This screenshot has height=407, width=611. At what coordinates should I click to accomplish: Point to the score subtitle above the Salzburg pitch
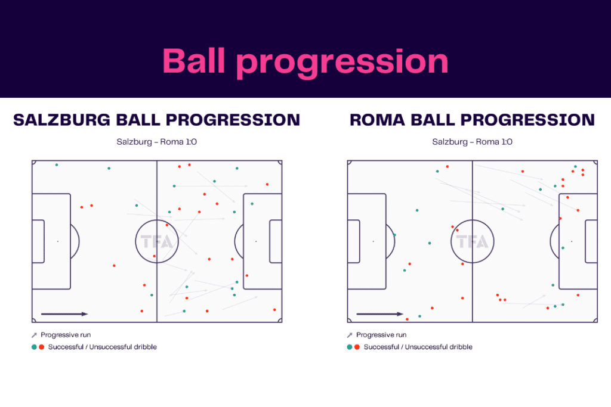pyautogui.click(x=156, y=142)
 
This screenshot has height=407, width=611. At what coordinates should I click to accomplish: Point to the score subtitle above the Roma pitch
pyautogui.click(x=472, y=142)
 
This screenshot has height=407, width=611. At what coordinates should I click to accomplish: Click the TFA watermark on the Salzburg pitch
pyautogui.click(x=156, y=241)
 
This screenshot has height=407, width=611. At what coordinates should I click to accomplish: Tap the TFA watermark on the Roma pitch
pyautogui.click(x=472, y=241)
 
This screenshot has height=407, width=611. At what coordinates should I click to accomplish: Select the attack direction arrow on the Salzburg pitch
pyautogui.click(x=64, y=314)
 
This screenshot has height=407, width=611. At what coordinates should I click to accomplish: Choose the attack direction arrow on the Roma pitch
pyautogui.click(x=379, y=314)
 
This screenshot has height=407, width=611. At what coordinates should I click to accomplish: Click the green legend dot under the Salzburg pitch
pyautogui.click(x=34, y=347)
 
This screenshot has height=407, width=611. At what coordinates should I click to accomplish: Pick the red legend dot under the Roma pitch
pyautogui.click(x=357, y=347)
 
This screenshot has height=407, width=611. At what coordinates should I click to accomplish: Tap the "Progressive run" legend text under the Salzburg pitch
pyautogui.click(x=66, y=335)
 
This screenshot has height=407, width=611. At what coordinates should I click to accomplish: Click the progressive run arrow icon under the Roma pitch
pyautogui.click(x=350, y=335)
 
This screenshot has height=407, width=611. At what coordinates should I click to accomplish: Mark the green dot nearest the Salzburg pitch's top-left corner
pyautogui.click(x=57, y=164)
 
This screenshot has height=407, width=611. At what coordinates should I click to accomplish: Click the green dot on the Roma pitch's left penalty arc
pyautogui.click(x=394, y=235)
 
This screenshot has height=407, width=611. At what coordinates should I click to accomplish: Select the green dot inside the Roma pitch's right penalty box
pyautogui.click(x=563, y=248)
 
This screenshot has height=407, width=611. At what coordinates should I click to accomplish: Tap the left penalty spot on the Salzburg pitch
pyautogui.click(x=58, y=241)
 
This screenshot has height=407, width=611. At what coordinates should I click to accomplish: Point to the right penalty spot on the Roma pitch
pyautogui.click(x=572, y=241)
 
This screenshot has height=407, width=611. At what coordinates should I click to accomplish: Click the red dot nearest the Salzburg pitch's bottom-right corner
pyautogui.click(x=274, y=310)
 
